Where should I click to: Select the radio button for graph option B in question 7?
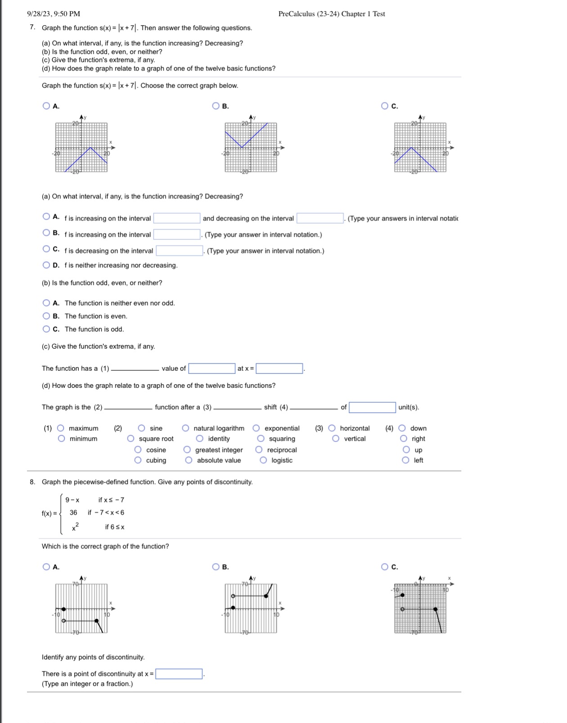216,106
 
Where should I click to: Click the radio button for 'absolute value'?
189,460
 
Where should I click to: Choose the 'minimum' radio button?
62,439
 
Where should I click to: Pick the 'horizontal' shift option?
332,428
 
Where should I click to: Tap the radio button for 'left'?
406,460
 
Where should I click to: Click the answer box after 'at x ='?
279,368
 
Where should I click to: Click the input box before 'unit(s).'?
372,408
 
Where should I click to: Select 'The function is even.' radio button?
46,316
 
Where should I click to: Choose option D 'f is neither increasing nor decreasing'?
46,265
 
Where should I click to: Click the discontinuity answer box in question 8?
179,674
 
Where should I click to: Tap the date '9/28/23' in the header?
39,14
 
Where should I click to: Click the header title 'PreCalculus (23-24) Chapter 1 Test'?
332,14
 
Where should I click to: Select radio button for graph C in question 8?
385,567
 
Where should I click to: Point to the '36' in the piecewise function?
73,512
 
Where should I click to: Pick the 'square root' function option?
131,439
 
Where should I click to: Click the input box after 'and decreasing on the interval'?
320,219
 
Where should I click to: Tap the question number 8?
32,482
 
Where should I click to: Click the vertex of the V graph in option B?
242,147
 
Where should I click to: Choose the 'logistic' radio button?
264,460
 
